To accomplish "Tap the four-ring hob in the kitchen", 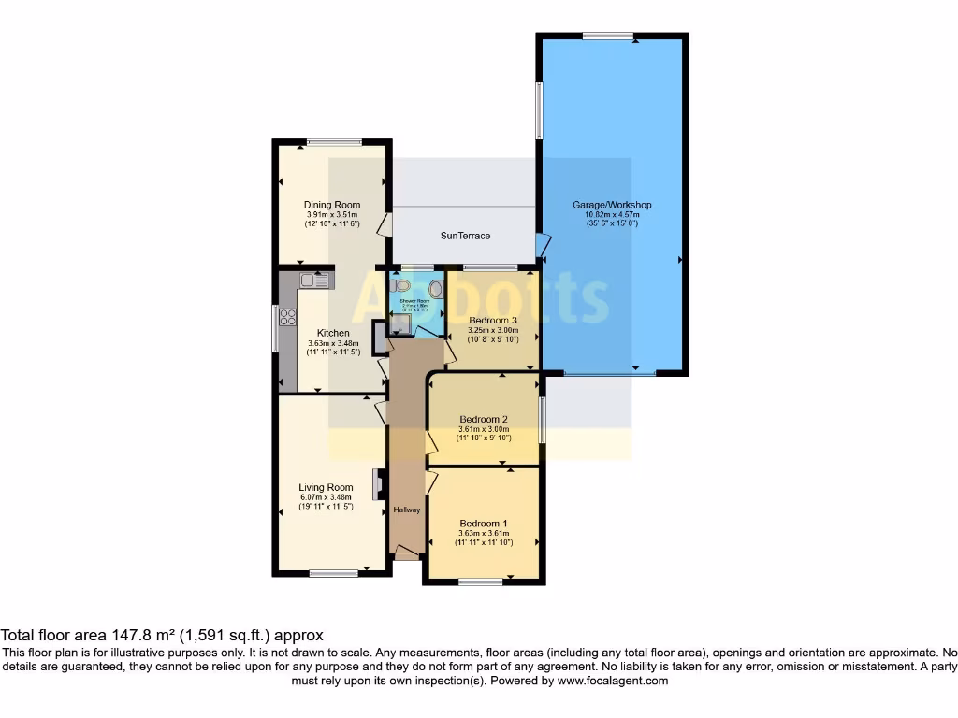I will click(x=287, y=317).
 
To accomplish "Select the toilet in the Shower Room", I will click(x=402, y=286).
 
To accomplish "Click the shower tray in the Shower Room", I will click(x=400, y=323).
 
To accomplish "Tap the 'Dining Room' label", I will click(x=331, y=205).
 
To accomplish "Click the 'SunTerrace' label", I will click(x=465, y=236).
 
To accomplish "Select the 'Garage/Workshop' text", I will click(x=612, y=205).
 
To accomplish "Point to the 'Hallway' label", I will click(x=406, y=510).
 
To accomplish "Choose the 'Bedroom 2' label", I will click(x=484, y=419).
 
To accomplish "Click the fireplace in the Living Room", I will click(x=377, y=484).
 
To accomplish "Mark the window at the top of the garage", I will click(x=608, y=36).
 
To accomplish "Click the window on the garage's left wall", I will click(x=539, y=111).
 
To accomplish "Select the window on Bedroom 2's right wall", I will click(x=543, y=419).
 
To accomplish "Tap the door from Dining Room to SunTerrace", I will click(x=384, y=224).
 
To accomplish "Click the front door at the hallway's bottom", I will click(x=406, y=556).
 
